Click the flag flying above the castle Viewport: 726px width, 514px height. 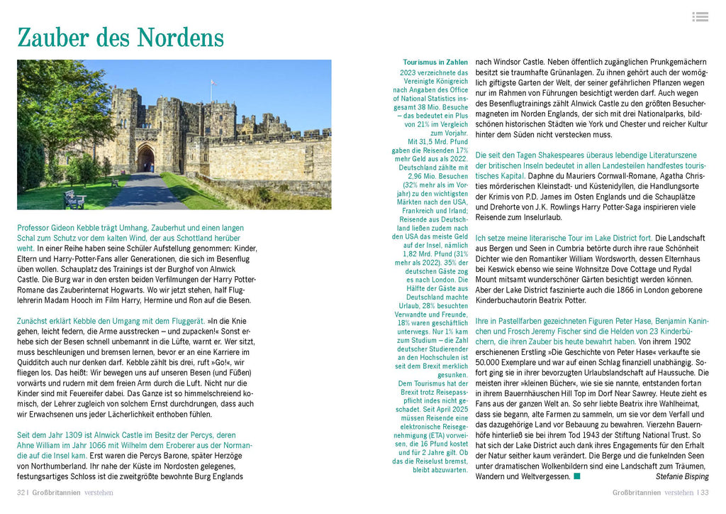point(211,83)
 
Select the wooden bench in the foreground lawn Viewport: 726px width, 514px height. point(74,199)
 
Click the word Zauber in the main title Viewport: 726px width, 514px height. point(62,37)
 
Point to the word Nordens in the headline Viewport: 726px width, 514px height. point(181,37)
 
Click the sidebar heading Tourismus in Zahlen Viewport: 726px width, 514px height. point(435,62)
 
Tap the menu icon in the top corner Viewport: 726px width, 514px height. point(700,16)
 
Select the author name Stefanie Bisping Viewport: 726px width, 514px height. point(681,476)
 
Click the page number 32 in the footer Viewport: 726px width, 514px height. point(21,492)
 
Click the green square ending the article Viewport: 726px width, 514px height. point(576,476)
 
